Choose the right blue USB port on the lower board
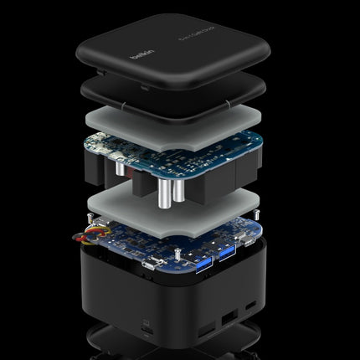coord(225,249)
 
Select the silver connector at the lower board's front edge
coord(150,264)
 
